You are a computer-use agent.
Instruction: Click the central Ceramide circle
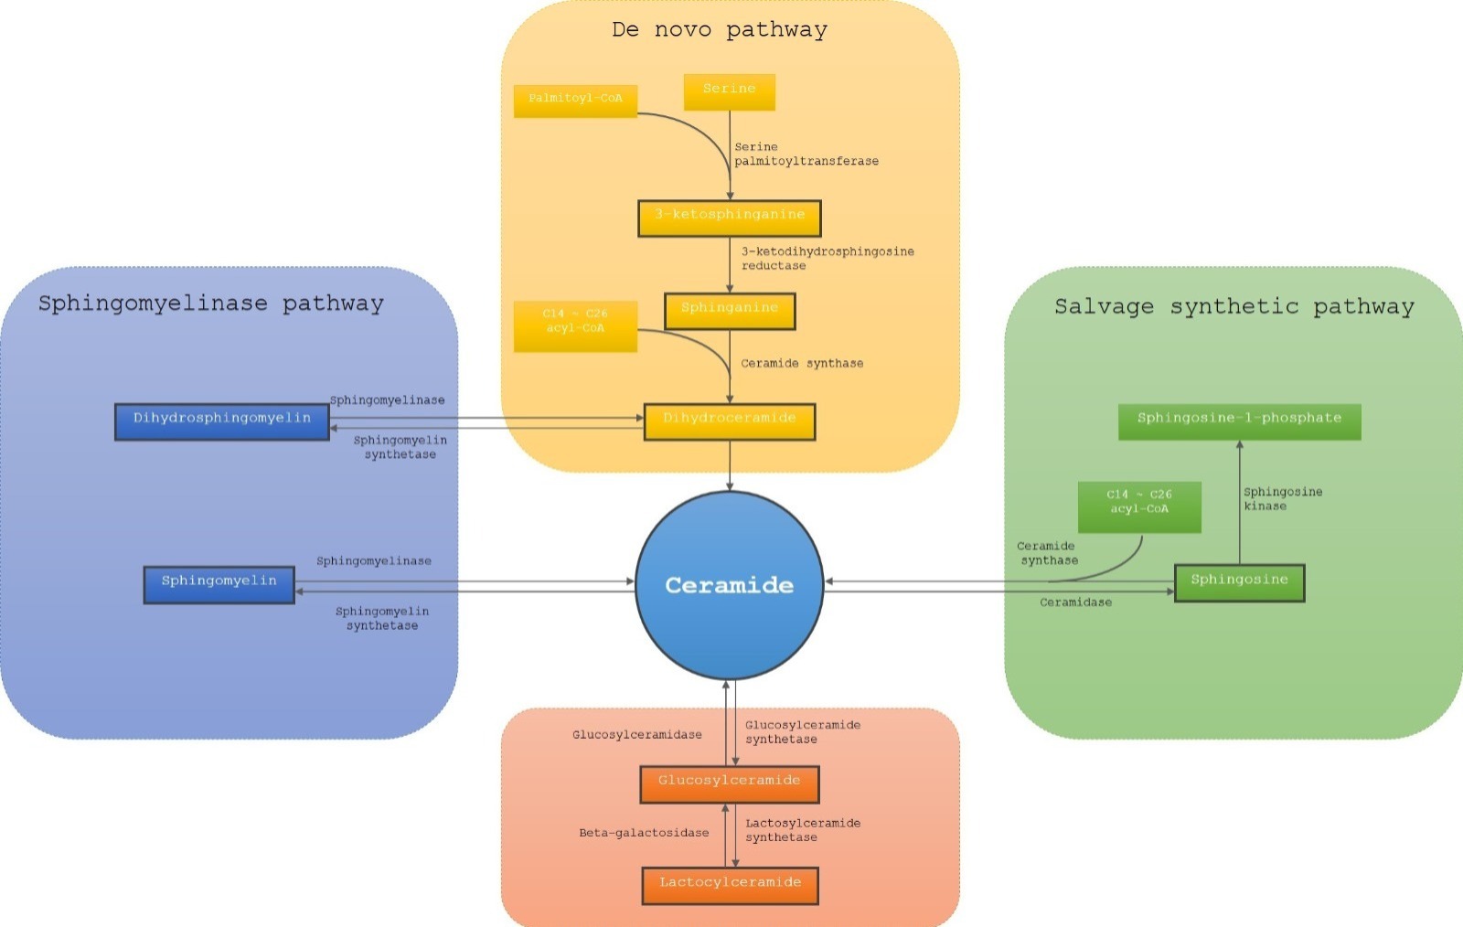[x=729, y=586]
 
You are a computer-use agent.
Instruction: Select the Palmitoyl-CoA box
[x=575, y=101]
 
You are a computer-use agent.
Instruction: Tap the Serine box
[x=730, y=92]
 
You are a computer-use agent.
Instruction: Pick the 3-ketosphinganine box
[x=730, y=218]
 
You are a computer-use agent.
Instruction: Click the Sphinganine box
[x=730, y=312]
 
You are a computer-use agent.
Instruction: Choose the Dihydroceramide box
[x=730, y=421]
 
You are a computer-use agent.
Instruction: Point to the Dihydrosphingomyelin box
[x=222, y=421]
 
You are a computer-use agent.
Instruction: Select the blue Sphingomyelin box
[x=219, y=585]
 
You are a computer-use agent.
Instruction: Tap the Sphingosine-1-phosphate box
[x=1240, y=421]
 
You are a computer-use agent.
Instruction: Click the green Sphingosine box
[x=1240, y=583]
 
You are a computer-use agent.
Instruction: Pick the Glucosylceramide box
[x=730, y=784]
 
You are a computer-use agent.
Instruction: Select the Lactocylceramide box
[x=731, y=886]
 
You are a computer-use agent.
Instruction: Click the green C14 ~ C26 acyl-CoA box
[x=1139, y=507]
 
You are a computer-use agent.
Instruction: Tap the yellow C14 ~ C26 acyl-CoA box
[x=575, y=326]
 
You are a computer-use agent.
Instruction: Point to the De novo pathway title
[x=720, y=30]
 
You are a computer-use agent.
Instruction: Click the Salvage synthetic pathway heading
[x=1234, y=306]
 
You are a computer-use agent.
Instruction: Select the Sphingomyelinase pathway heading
[x=211, y=304]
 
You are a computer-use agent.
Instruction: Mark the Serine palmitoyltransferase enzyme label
[x=806, y=154]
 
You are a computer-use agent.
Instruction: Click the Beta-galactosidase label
[x=644, y=833]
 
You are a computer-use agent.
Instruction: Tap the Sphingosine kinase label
[x=1283, y=499]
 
